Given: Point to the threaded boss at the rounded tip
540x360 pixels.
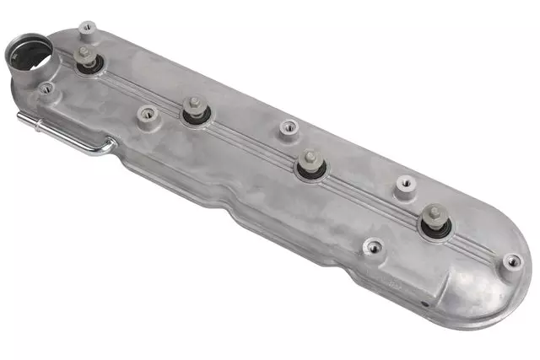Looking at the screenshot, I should [512, 261].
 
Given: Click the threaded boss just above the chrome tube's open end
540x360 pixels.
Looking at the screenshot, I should [45, 89].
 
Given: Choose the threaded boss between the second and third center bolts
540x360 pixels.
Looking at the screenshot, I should [288, 127].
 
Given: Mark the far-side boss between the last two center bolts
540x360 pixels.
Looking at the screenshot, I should [405, 183].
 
